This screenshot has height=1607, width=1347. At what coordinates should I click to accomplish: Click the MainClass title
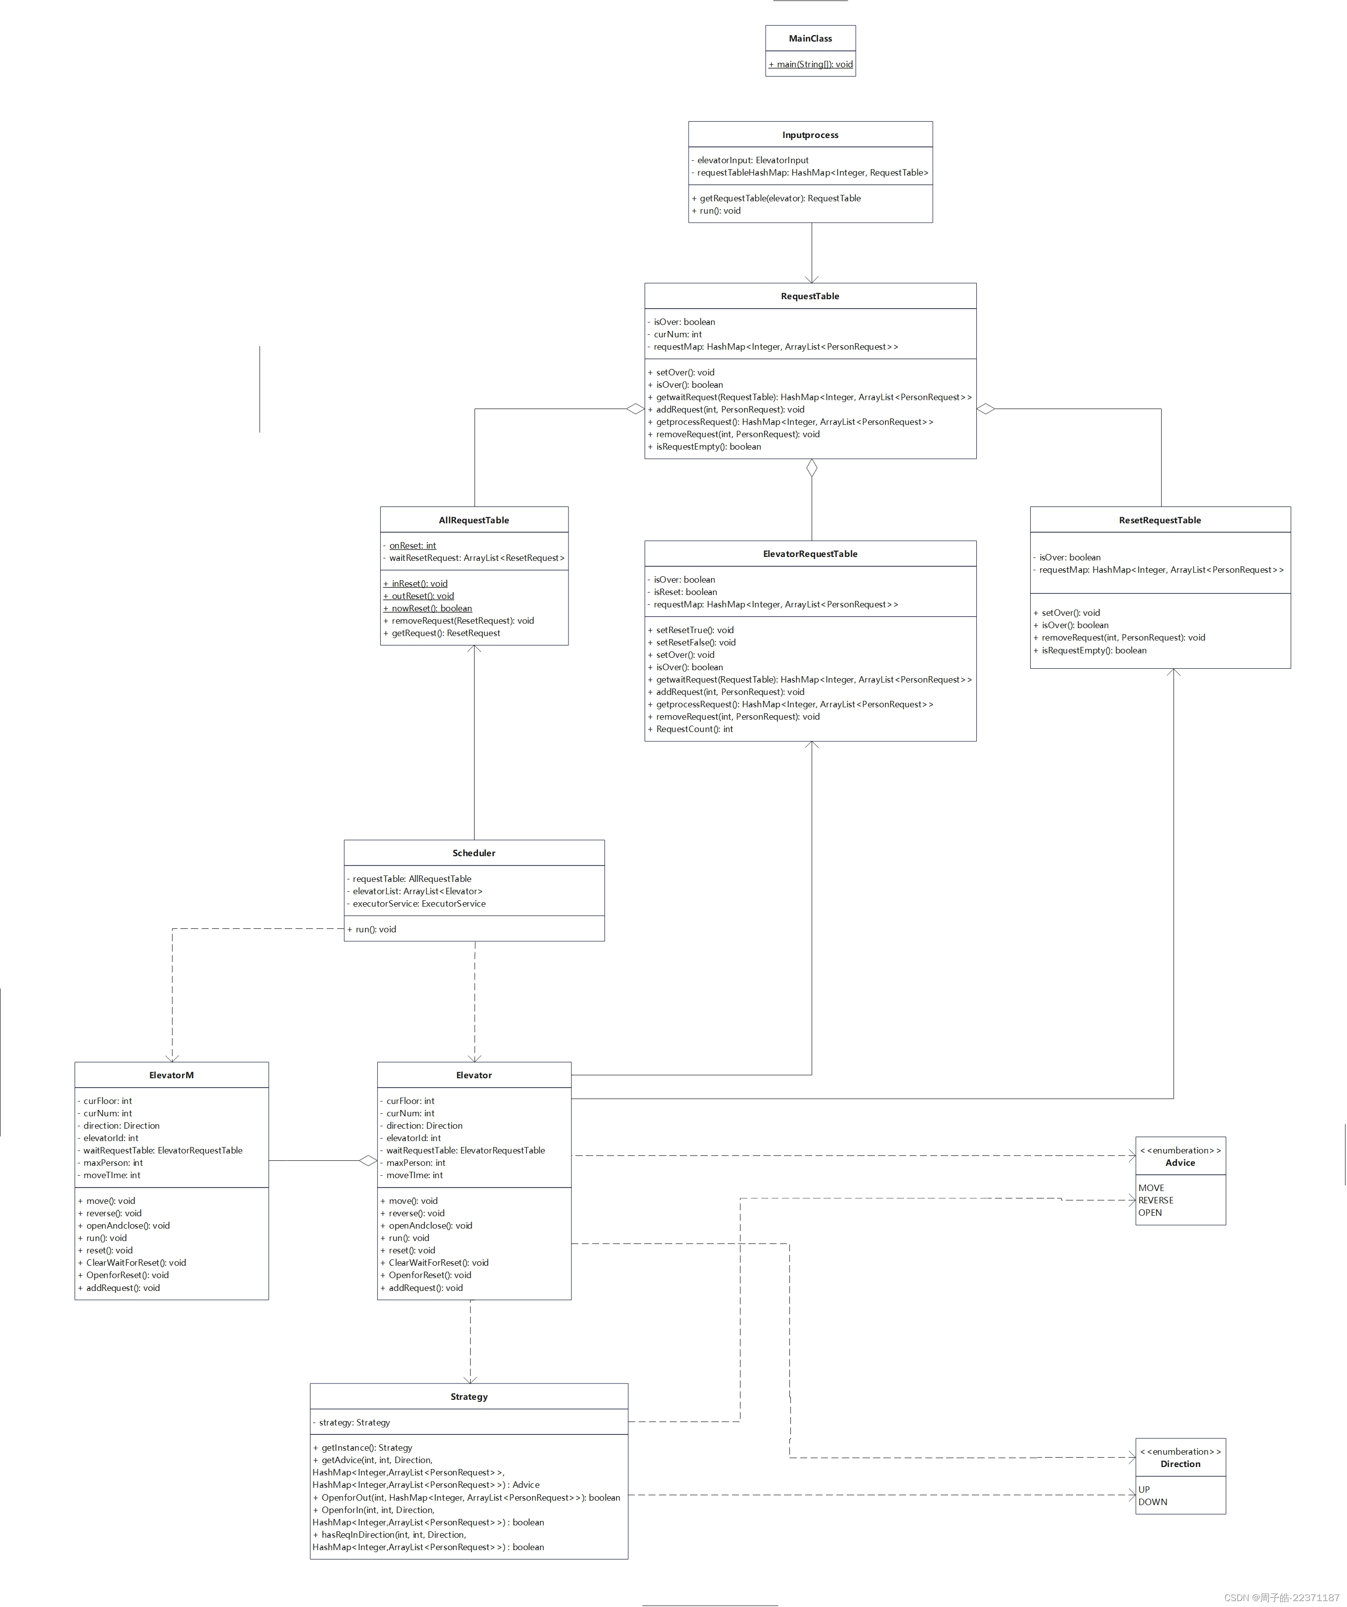[x=810, y=38]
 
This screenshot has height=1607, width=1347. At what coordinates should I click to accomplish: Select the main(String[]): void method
[x=810, y=64]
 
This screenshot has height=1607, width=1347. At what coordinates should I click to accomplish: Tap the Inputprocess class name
[x=810, y=135]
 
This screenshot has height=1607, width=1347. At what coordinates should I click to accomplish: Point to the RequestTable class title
[x=810, y=296]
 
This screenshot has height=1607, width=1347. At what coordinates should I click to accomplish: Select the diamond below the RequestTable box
[x=812, y=467]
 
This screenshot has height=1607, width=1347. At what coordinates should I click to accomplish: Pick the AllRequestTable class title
[x=474, y=520]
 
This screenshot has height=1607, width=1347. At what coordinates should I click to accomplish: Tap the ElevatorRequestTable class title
[x=810, y=554]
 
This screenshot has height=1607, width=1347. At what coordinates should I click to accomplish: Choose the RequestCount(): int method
[x=694, y=729]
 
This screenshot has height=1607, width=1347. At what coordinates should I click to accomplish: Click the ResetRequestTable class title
[x=1160, y=520]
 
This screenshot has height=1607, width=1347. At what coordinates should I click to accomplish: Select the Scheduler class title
[x=474, y=853]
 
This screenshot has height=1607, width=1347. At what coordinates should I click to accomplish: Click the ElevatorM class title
[x=172, y=1075]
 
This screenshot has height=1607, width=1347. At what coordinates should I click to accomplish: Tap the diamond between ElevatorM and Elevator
[x=368, y=1161]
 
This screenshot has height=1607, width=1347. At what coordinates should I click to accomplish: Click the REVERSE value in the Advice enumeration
[x=1156, y=1200]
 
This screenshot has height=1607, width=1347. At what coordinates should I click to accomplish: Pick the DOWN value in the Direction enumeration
[x=1153, y=1502]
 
